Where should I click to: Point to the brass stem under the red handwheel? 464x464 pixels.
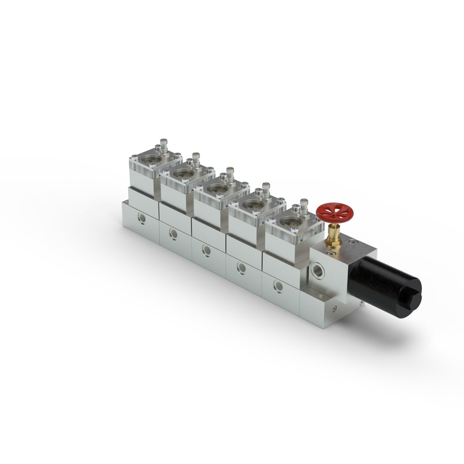click(x=334, y=237)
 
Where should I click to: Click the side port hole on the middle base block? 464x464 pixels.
click(x=206, y=251)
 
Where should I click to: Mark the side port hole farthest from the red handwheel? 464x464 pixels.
click(x=141, y=219)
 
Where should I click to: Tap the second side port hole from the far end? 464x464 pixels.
click(x=173, y=234)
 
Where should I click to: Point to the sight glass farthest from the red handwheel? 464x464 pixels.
click(x=151, y=159)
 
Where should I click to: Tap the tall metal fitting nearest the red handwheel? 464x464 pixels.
click(x=304, y=206)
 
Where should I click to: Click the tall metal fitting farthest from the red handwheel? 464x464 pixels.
click(x=164, y=144)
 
